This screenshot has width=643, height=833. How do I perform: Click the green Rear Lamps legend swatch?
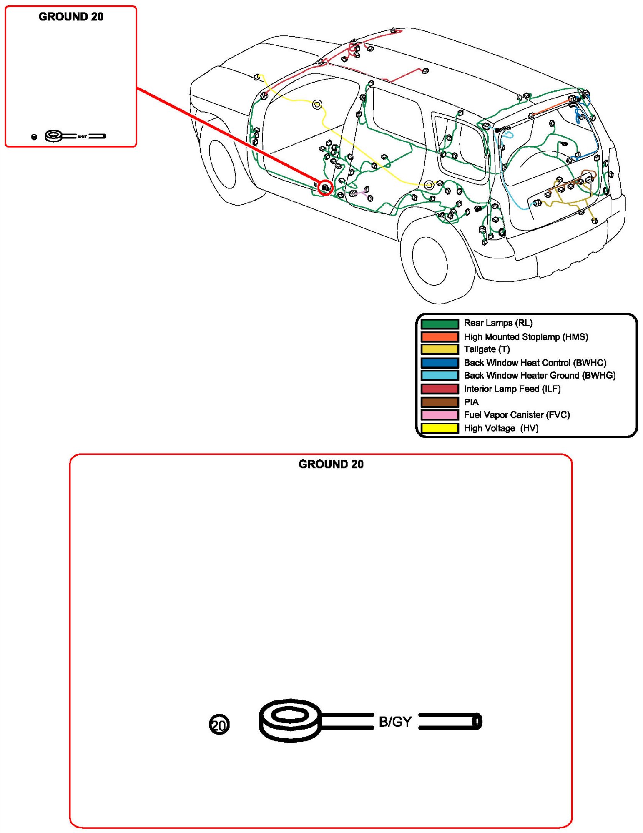click(x=440, y=324)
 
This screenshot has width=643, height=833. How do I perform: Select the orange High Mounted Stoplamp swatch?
click(x=440, y=336)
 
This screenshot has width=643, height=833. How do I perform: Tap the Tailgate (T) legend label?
click(x=487, y=349)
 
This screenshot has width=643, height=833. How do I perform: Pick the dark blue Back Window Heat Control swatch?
click(x=440, y=363)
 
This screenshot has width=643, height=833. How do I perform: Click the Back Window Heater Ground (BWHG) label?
click(x=540, y=376)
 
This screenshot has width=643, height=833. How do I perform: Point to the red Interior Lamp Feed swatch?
click(x=440, y=389)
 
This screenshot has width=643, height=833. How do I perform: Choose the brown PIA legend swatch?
click(x=440, y=402)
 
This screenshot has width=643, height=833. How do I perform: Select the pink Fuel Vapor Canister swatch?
click(x=440, y=415)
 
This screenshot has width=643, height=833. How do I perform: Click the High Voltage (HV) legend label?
click(x=501, y=428)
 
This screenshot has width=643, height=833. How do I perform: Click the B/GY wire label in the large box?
click(x=395, y=722)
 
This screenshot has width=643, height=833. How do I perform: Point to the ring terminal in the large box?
click(x=290, y=720)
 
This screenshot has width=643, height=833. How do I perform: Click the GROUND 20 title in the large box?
click(x=331, y=464)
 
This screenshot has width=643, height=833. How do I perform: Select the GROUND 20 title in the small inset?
click(x=71, y=17)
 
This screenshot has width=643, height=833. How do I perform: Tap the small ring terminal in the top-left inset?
click(x=54, y=135)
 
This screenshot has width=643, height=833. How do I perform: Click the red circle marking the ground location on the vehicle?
click(x=325, y=188)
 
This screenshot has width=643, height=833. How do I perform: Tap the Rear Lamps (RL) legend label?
click(x=498, y=323)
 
